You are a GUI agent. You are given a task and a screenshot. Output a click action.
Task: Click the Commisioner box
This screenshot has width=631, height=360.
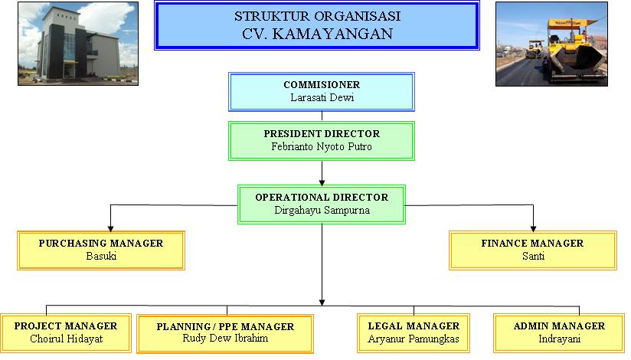click(321, 91)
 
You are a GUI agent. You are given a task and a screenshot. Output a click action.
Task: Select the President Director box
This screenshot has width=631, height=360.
click(321, 140)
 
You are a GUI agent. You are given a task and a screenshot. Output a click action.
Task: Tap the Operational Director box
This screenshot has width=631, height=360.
click(321, 204)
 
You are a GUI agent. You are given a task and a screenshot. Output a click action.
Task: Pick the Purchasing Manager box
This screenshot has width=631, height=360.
click(100, 250)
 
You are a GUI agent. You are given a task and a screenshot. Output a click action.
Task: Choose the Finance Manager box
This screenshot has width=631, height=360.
click(532, 250)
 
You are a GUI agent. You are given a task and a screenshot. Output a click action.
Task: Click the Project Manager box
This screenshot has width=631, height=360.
click(65, 332)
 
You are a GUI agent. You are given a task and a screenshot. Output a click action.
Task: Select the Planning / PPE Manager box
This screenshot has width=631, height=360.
click(225, 332)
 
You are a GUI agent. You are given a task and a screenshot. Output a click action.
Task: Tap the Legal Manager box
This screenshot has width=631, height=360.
click(414, 332)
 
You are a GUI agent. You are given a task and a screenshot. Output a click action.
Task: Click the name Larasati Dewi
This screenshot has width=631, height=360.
click(321, 97)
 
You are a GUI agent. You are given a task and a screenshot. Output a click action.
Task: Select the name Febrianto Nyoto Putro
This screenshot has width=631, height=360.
click(321, 146)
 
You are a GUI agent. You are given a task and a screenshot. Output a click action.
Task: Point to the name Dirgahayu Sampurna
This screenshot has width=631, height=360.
click(321, 210)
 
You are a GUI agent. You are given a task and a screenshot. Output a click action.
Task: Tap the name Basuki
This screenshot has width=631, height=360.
click(100, 256)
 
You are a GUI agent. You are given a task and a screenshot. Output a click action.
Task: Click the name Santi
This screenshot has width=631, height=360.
click(532, 256)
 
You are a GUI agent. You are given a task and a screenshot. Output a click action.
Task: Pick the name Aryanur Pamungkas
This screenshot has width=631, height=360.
click(414, 339)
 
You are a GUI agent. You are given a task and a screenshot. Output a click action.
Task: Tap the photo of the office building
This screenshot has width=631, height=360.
click(77, 44)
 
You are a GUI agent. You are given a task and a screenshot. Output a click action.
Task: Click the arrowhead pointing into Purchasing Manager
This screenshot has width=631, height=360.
click(111, 227)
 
